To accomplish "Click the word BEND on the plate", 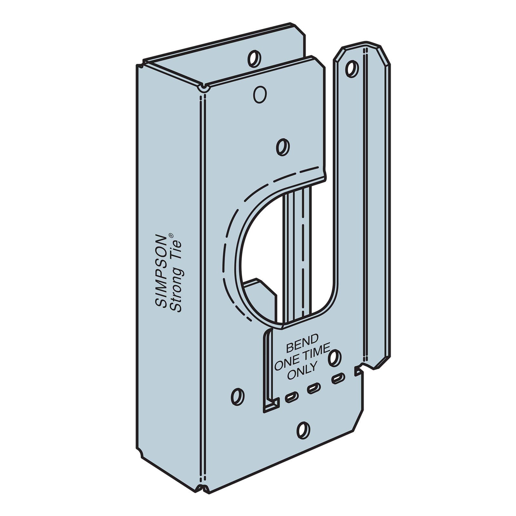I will click(298, 348).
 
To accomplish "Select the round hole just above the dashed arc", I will click(283, 146).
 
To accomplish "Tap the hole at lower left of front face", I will click(238, 395).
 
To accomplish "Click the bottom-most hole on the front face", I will click(303, 430).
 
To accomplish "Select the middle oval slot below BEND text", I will click(313, 389).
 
